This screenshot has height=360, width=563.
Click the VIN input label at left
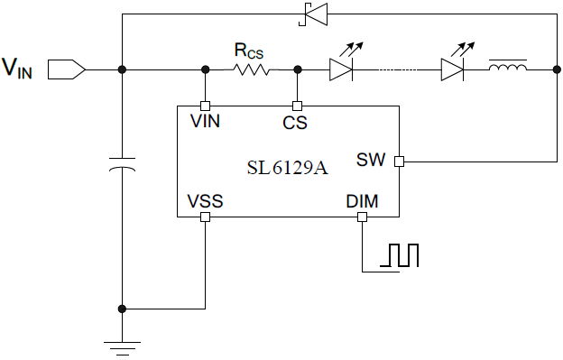click(x=18, y=69)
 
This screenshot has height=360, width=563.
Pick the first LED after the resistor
click(x=341, y=69)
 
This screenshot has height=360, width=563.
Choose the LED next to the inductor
click(x=453, y=69)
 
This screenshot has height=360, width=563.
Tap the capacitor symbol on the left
click(x=123, y=166)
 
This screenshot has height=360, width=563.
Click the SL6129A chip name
click(x=287, y=168)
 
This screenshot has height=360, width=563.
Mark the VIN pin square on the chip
click(x=206, y=105)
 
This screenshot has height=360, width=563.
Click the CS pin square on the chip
click(x=296, y=105)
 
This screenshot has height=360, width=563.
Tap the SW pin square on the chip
click(x=399, y=162)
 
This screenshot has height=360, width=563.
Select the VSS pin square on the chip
click(x=206, y=217)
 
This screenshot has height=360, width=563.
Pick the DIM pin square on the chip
click(x=362, y=217)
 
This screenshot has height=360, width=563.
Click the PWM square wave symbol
click(x=400, y=255)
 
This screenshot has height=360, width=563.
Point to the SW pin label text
click(x=371, y=161)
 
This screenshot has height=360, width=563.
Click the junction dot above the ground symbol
click(x=123, y=309)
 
